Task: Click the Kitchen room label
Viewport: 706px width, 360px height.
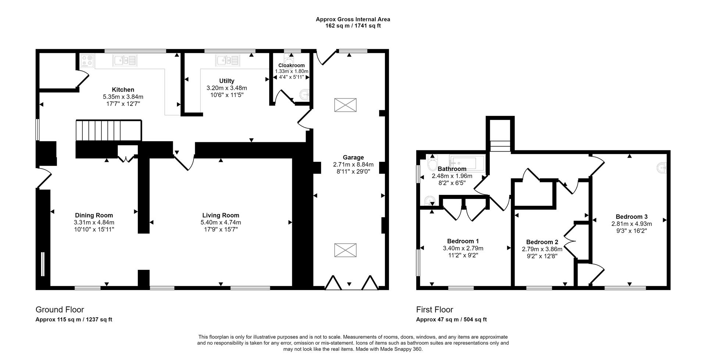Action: [x=123, y=90]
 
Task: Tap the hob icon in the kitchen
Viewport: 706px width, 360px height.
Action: [x=87, y=60]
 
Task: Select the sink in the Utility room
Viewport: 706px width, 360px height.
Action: [x=228, y=60]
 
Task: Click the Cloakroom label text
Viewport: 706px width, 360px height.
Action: [x=291, y=65]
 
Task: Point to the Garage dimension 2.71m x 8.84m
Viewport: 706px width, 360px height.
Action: [x=353, y=164]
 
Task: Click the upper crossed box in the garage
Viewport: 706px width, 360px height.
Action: [x=345, y=105]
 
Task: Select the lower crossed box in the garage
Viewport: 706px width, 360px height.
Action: [x=345, y=250]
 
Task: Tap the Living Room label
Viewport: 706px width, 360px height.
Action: [x=221, y=215]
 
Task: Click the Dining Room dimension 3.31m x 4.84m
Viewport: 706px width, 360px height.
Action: [x=94, y=222]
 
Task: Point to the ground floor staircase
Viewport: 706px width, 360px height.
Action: [x=108, y=130]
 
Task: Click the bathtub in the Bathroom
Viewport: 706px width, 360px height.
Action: [x=467, y=163]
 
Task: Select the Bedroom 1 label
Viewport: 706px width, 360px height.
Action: [x=463, y=241]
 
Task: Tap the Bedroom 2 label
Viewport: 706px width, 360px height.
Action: [x=542, y=242]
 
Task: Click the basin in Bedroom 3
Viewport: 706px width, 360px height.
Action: [x=663, y=168]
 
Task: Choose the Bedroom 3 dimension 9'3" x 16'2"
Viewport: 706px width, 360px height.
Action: [x=631, y=231]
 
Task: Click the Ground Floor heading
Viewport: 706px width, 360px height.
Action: [x=60, y=310]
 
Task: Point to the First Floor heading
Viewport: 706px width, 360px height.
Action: [x=434, y=310]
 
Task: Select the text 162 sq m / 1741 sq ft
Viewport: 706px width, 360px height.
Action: [x=353, y=26]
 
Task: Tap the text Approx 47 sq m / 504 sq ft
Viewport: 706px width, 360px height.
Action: [x=451, y=320]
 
